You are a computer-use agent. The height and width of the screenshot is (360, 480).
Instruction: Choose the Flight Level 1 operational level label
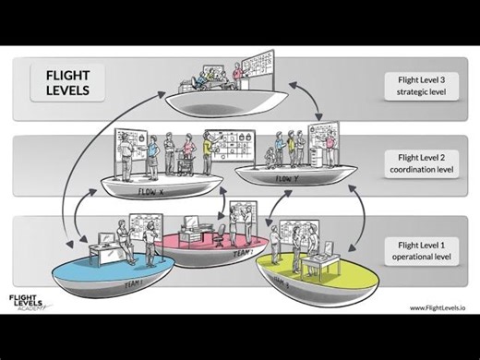(x=420, y=251)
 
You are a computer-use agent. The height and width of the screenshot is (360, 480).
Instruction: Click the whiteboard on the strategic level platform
(x=258, y=66)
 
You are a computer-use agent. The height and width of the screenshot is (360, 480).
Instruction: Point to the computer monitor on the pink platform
(x=191, y=224)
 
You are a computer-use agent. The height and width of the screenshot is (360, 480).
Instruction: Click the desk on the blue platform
(x=105, y=250)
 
